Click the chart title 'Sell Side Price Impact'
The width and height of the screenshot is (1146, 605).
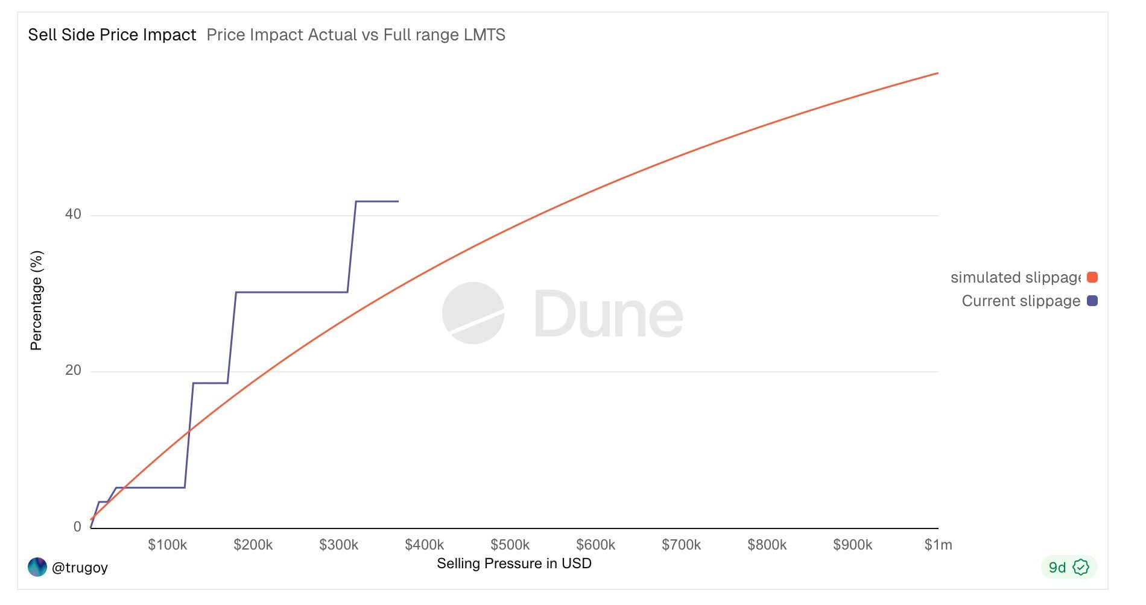click(112, 35)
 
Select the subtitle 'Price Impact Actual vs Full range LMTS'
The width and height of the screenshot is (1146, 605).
click(356, 35)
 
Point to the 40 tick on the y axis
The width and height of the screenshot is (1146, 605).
click(73, 215)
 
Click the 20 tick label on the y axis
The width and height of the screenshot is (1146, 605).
click(73, 370)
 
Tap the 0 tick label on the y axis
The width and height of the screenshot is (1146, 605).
click(77, 527)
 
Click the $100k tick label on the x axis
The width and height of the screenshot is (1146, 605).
click(167, 545)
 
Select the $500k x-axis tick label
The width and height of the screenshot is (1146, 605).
click(510, 545)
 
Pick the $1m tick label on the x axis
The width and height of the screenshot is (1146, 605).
click(938, 545)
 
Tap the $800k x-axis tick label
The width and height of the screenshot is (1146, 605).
click(767, 545)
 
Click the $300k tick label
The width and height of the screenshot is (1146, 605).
click(338, 545)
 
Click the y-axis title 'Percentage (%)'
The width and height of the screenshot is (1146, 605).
click(36, 300)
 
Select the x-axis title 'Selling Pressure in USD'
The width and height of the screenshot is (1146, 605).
click(514, 563)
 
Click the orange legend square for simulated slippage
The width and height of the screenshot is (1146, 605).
click(1092, 277)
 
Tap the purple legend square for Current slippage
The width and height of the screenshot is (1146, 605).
click(1092, 301)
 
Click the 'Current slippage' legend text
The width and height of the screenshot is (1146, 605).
click(1021, 301)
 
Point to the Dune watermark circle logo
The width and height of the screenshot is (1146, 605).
click(473, 313)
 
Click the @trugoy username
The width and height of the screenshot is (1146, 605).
click(80, 568)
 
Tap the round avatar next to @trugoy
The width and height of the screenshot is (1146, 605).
click(37, 567)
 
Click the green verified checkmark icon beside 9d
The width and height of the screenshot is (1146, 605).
click(1081, 567)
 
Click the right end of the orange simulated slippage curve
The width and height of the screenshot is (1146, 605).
click(937, 74)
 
